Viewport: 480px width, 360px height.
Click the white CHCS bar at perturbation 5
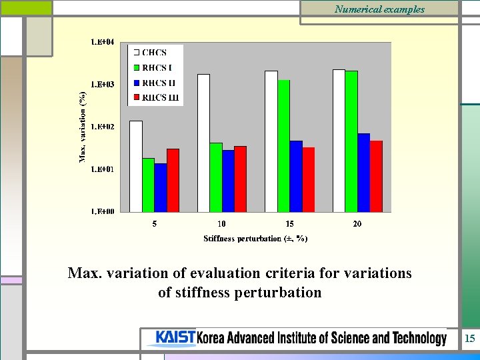tap(135, 166)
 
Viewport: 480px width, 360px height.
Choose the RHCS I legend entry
tap(156, 67)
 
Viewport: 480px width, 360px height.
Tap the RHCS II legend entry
tap(157, 83)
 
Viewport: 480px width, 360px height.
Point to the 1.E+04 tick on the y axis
tap(102, 42)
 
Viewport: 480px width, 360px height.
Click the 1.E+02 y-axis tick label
tap(102, 127)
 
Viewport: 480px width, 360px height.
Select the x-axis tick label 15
tap(289, 224)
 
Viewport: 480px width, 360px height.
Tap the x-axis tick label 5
tap(155, 224)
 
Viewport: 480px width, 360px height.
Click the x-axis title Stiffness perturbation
tap(255, 238)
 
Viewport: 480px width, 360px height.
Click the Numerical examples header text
tap(379, 9)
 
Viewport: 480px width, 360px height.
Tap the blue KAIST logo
tap(175, 338)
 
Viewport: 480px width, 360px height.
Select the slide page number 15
tap(470, 339)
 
